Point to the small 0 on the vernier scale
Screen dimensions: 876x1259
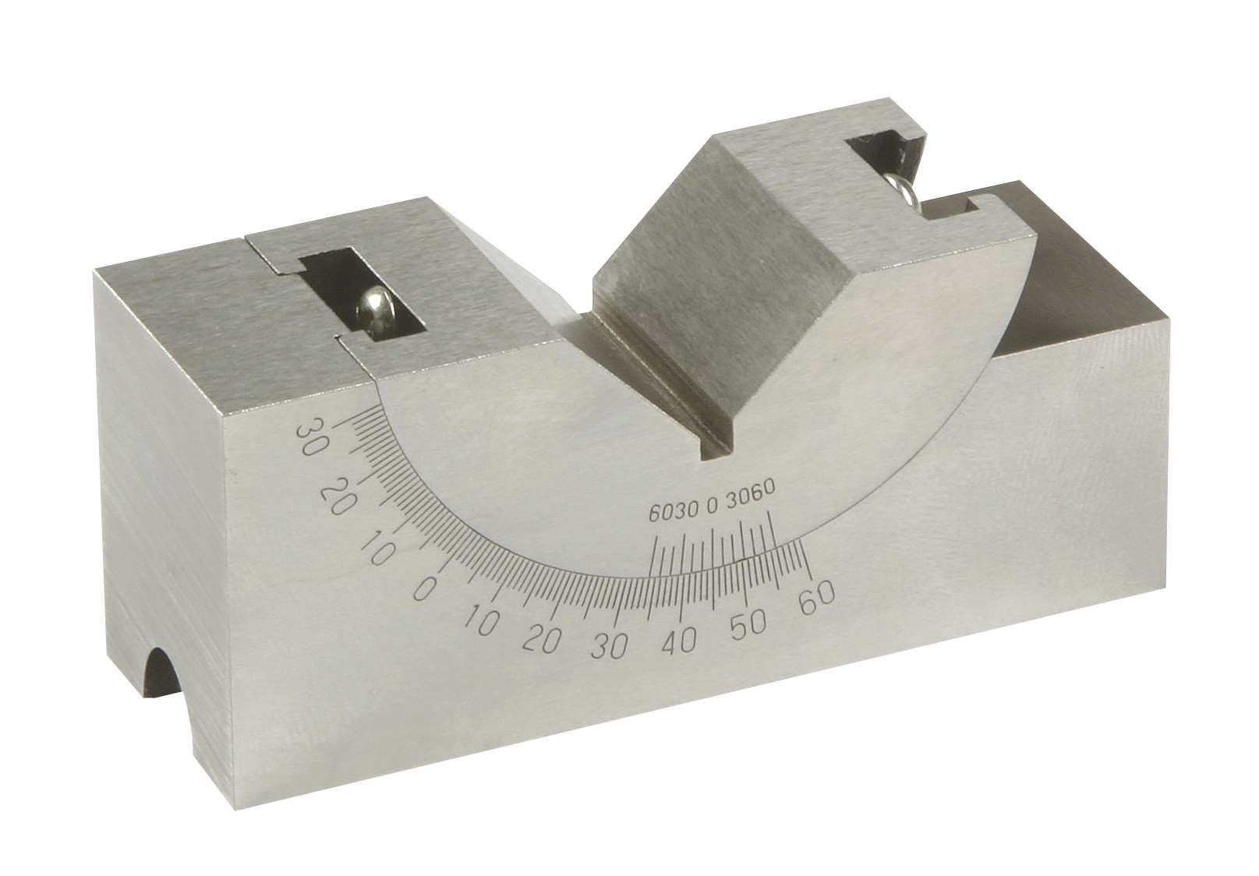point(711,507)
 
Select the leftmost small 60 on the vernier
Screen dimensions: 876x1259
point(657,515)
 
